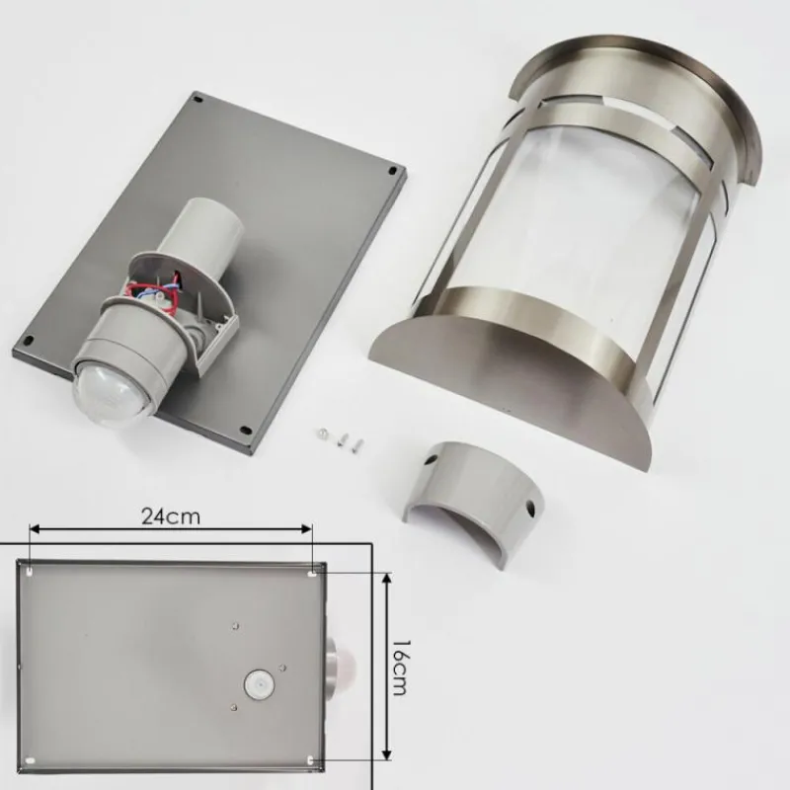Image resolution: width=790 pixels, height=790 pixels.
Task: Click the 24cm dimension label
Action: (x=170, y=515)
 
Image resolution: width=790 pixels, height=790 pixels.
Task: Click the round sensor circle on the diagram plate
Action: (x=258, y=684)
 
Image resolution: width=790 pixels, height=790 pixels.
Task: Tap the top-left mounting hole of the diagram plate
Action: (x=30, y=572)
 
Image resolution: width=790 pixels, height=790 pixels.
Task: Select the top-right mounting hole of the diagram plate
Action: (x=313, y=573)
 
